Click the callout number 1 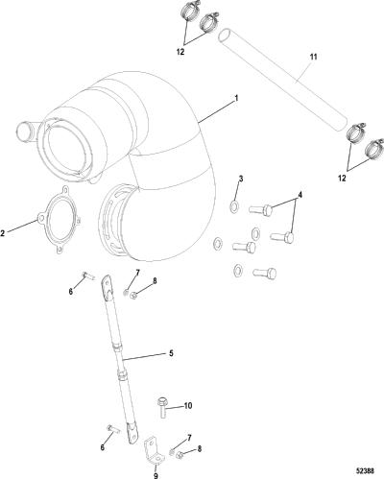pos(236,98)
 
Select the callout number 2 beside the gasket pos(3,233)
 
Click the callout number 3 pos(241,179)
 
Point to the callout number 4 pos(300,194)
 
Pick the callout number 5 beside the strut pos(171,353)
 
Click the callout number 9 pos(156,476)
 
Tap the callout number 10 pos(188,406)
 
